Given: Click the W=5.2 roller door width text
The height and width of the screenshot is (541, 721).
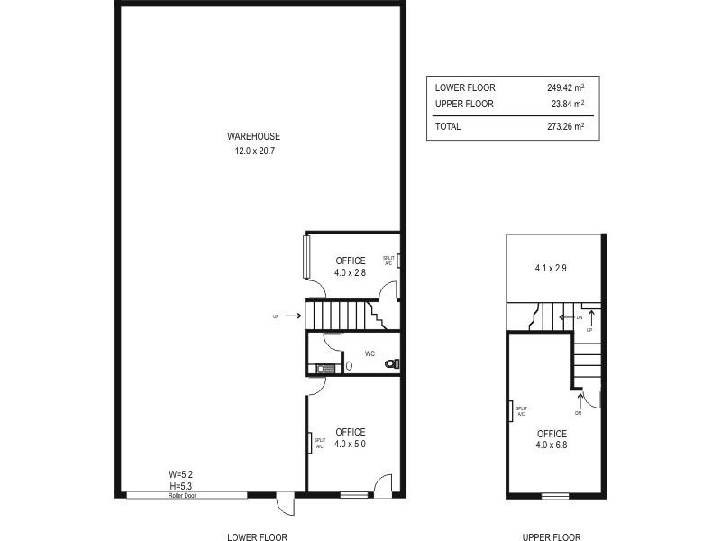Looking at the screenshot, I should (182, 473).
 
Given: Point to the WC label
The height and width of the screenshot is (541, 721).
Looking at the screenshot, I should (370, 353).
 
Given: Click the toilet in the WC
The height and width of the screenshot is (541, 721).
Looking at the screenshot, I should (390, 364).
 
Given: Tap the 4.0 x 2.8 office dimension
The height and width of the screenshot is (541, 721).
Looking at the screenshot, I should (350, 273).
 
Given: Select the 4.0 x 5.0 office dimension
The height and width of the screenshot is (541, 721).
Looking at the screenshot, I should (350, 445).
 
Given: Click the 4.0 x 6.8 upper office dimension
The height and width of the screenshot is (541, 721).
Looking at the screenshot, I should (552, 445).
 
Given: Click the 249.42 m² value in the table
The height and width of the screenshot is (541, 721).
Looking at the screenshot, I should (565, 88).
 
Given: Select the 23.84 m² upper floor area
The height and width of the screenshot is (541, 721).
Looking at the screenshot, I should (568, 105).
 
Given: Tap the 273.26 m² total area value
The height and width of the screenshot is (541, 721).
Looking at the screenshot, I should (565, 127).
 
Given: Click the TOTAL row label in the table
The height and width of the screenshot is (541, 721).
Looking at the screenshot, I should (448, 127).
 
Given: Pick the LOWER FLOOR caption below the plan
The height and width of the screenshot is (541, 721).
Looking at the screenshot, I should (257, 536).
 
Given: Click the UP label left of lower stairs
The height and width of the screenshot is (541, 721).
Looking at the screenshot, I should (276, 316).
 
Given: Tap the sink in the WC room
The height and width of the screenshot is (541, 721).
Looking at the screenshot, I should (324, 367).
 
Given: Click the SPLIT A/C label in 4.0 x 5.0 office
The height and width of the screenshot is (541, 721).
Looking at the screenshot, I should (319, 443).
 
